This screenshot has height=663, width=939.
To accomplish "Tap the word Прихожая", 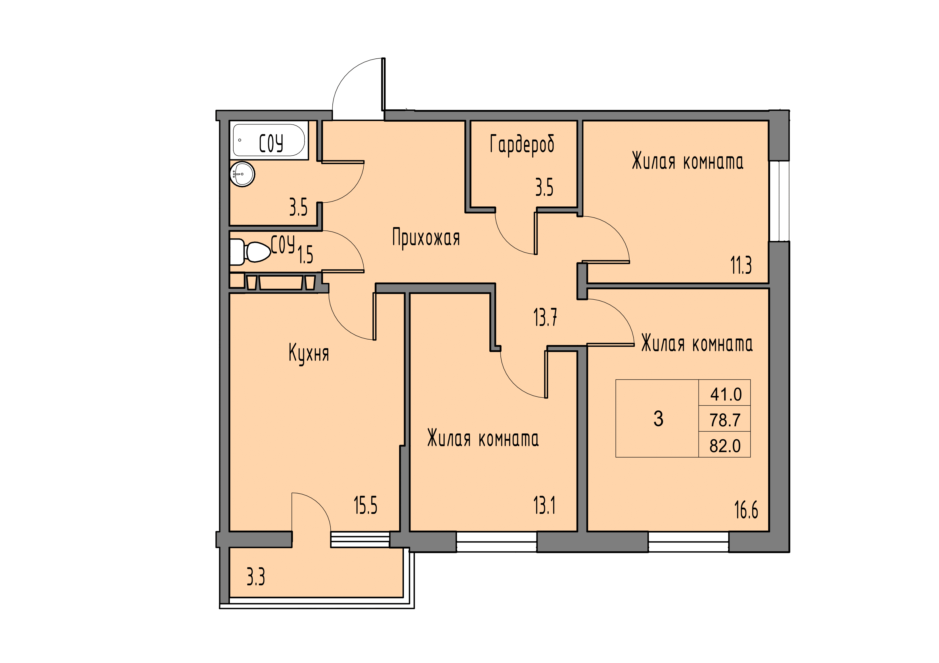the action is pos(426,238).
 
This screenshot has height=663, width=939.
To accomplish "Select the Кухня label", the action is pos(309,353).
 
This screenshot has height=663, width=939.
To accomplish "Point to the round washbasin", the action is pos(242,174).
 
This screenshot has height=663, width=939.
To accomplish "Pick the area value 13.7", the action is pos(545,317).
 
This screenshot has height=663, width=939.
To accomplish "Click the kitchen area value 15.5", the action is pos(366,505).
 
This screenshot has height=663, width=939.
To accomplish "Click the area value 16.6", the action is pos(746,510).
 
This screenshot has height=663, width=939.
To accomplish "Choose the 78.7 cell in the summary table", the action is pos(725,420).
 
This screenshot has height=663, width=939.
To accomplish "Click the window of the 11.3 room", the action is pos(779,201).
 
